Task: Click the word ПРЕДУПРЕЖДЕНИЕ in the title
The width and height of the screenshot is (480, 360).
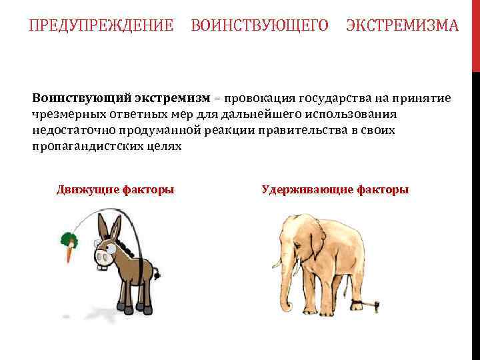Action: (x=101, y=26)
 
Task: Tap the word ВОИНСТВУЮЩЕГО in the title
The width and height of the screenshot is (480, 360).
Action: (x=259, y=26)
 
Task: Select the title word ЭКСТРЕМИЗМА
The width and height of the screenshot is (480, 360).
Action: (x=402, y=26)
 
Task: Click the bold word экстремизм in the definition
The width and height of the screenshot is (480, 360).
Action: (x=175, y=98)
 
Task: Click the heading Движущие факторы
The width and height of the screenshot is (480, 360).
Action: (x=115, y=189)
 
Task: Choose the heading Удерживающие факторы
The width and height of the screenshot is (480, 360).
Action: (x=335, y=189)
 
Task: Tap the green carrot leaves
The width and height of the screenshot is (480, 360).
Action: (x=67, y=238)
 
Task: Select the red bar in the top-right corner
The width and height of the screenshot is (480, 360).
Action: (x=476, y=33)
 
